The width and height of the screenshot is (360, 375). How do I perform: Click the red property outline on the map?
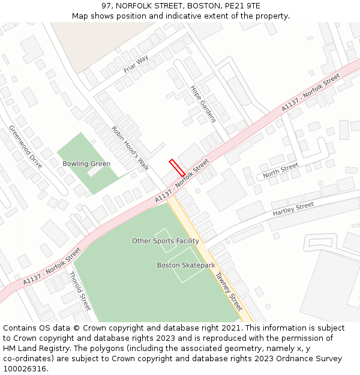point(176,167)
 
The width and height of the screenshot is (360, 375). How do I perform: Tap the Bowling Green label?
point(86,164)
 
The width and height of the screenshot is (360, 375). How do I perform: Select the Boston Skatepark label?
point(186,265)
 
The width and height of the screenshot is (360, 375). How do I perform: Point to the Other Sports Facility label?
point(166,241)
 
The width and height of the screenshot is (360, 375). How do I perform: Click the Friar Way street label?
point(136,64)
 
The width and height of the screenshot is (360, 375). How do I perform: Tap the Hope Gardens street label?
point(203,104)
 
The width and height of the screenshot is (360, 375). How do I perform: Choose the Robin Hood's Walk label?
point(130,148)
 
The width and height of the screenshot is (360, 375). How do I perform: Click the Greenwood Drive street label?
point(25,146)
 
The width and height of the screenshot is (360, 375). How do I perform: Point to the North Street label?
point(280,170)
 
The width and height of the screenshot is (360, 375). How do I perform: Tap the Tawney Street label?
point(227,290)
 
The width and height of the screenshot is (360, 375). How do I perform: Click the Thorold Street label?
point(80,291)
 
